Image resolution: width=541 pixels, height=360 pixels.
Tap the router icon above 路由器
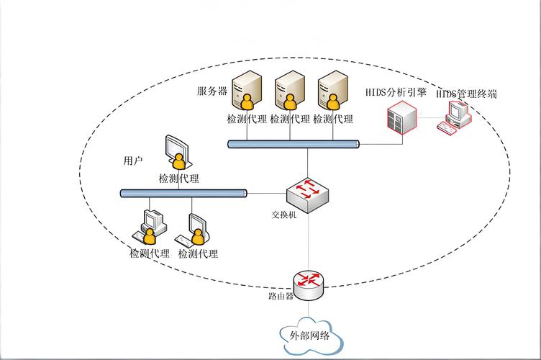(x=309, y=282)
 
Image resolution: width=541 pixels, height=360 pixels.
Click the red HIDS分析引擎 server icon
(x=401, y=117)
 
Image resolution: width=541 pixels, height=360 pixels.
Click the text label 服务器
(x=212, y=91)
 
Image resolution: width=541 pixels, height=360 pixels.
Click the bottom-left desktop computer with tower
(x=151, y=227)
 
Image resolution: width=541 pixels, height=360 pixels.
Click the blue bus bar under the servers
(x=293, y=144)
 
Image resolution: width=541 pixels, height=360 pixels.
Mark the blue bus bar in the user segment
(x=183, y=193)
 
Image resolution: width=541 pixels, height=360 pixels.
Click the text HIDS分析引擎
(x=396, y=93)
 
